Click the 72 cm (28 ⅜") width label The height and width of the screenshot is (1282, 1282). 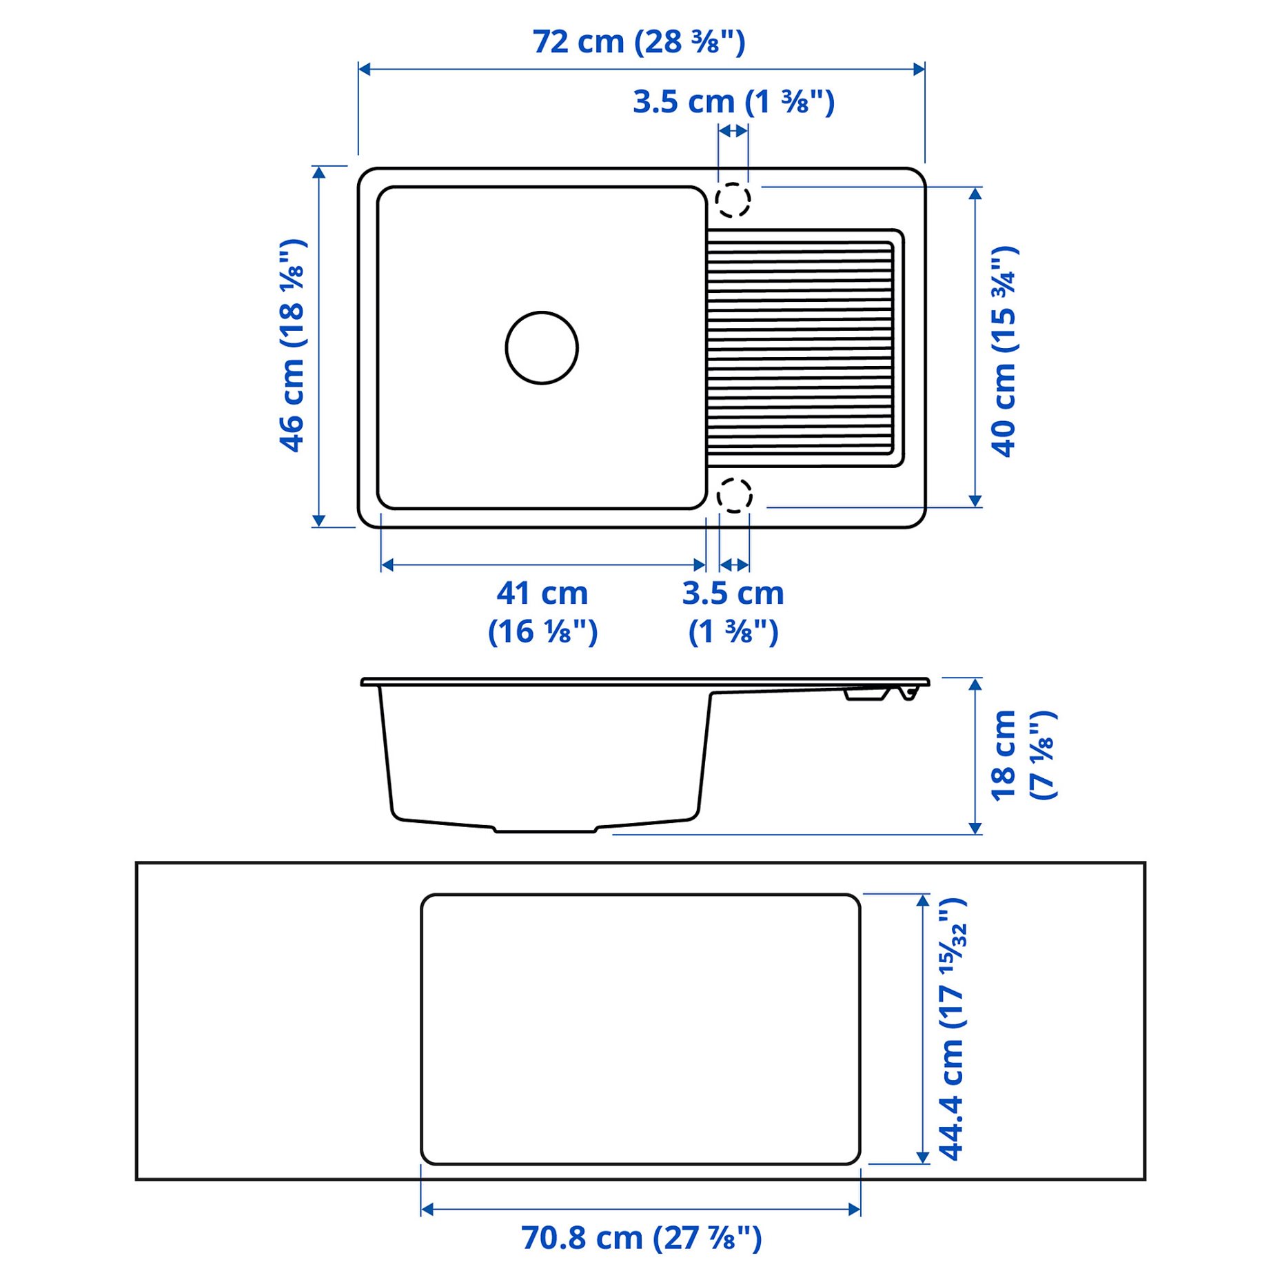638,42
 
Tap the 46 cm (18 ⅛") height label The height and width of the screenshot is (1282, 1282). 292,345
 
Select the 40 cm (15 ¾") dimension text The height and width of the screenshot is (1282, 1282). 1004,351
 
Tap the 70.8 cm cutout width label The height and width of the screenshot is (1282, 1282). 641,1239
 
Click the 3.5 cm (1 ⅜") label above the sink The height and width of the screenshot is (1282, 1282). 733,102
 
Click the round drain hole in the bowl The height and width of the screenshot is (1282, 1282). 542,347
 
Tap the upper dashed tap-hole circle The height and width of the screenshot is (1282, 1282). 732,200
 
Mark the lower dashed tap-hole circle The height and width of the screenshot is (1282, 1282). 734,495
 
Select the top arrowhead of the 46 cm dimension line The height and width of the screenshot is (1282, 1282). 318,172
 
